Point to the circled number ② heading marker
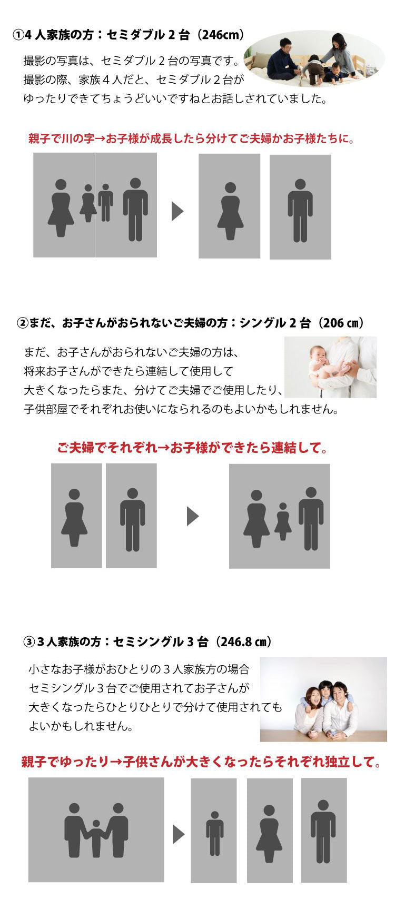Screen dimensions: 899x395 tap(23, 323)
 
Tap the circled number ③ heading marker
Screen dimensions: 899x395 tap(29, 642)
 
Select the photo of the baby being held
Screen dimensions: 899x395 tap(330, 367)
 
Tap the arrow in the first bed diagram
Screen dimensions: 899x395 tap(177, 211)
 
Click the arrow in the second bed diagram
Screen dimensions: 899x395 tap(193, 516)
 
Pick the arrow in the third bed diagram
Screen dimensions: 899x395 tap(179, 834)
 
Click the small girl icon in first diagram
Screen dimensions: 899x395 tap(88, 203)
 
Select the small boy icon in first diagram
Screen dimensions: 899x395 tap(105, 202)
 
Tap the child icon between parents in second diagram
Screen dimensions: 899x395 tap(283, 521)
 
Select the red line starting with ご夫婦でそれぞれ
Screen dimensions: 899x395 tap(192, 448)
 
